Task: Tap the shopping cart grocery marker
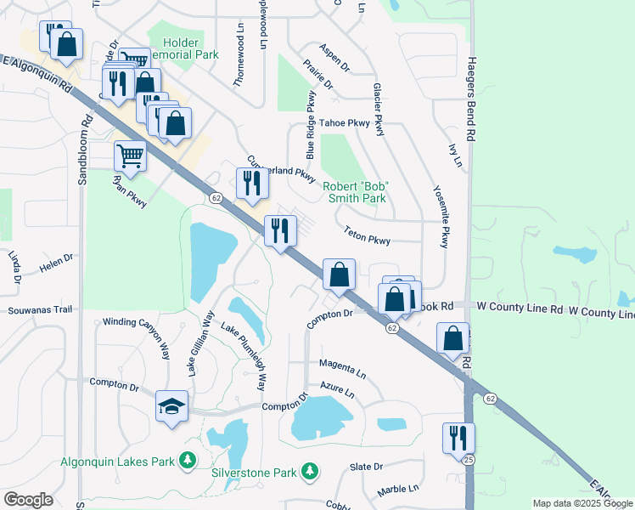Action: point(130,156)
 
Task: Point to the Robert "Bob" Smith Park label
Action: point(355,192)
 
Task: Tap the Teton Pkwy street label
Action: point(367,235)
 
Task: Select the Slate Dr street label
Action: point(367,467)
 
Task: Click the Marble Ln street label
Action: point(398,489)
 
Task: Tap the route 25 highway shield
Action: point(468,460)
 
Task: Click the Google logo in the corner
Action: point(28,500)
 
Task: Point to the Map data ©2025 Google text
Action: point(583,503)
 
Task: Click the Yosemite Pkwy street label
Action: point(441,217)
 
